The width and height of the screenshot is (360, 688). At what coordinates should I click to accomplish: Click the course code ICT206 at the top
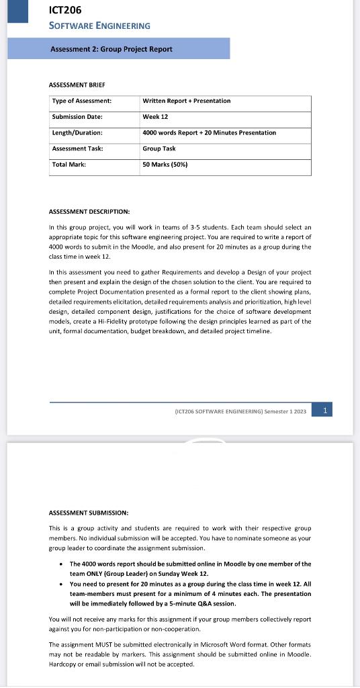point(65,10)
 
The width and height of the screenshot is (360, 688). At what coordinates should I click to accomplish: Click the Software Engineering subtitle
point(100,26)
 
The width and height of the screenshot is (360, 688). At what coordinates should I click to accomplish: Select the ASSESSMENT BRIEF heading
point(77,85)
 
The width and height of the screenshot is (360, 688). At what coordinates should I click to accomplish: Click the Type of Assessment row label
point(82,101)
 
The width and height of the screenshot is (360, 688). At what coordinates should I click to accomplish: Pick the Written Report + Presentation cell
point(187,101)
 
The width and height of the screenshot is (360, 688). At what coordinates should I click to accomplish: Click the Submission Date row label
point(77,117)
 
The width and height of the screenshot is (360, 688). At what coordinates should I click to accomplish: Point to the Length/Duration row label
point(77,133)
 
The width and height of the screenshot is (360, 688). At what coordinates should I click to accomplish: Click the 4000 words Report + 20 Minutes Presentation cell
point(210,133)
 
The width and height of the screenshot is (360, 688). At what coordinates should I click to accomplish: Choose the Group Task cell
point(159,148)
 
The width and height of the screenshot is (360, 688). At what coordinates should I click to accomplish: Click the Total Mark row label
point(69,165)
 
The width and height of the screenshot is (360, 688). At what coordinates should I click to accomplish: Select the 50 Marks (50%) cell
point(165,165)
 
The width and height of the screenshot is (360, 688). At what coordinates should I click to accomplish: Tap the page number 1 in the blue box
point(325,410)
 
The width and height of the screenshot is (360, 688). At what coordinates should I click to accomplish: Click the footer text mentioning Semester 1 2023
point(240,411)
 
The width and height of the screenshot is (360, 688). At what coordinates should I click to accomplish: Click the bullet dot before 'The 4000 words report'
point(62,564)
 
